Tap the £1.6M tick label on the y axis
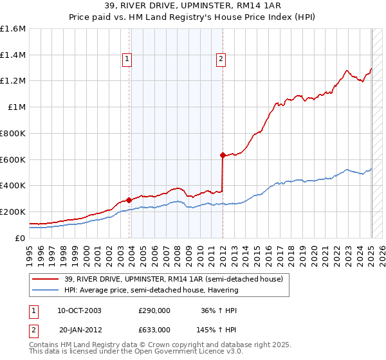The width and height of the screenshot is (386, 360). [13, 29]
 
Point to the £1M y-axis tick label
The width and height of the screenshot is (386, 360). [17, 107]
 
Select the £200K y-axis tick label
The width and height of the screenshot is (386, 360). [13, 212]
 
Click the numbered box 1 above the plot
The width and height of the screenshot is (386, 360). [127, 59]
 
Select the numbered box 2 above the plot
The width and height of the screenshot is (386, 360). [221, 59]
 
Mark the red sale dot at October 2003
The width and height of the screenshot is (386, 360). [129, 200]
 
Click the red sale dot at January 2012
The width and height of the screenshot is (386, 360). [223, 155]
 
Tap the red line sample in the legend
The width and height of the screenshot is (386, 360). [44, 278]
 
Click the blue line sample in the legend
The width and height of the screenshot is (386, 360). [44, 290]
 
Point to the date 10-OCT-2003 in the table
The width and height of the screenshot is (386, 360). [79, 310]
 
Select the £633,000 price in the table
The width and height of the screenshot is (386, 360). [154, 330]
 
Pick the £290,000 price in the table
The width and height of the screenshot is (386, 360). [154, 310]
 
